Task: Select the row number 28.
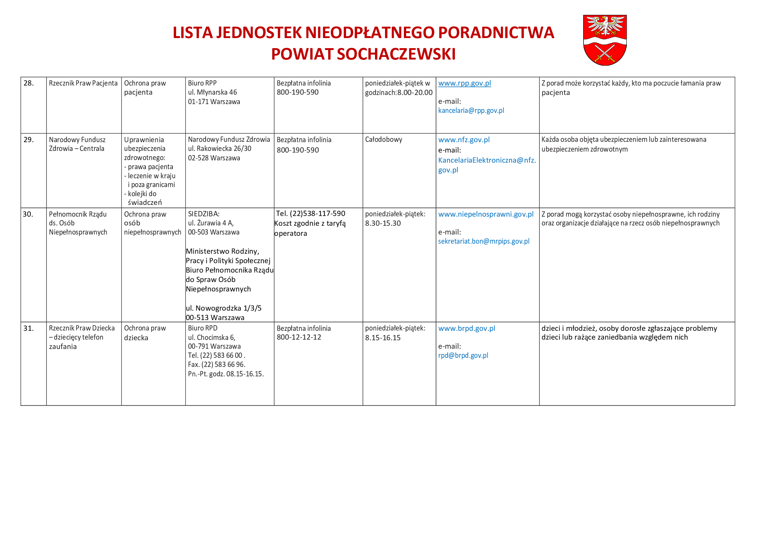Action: tap(29, 83)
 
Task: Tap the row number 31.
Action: tap(29, 328)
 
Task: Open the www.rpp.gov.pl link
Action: tap(464, 83)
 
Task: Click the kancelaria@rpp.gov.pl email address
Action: tap(471, 111)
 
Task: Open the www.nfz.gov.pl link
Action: tap(464, 140)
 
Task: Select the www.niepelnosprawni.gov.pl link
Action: tap(485, 214)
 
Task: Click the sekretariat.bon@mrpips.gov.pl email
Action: tap(483, 241)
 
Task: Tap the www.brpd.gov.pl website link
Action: tap(466, 328)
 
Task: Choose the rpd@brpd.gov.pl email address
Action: tap(463, 356)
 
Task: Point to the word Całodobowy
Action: tap(383, 140)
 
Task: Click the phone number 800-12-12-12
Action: tap(299, 337)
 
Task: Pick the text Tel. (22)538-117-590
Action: tap(310, 214)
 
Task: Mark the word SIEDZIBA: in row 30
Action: tap(204, 214)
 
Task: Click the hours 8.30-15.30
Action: tap(383, 223)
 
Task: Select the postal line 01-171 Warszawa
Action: tap(214, 102)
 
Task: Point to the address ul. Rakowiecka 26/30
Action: tap(219, 149)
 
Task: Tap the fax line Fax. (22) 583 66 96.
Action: tap(216, 364)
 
